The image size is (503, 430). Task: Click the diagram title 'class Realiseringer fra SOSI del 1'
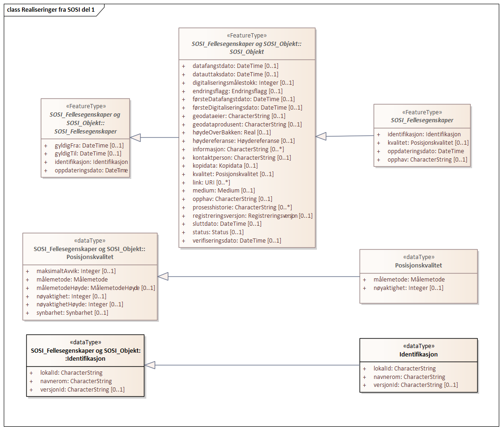(51, 10)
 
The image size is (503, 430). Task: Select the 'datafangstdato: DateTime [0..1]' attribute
(235, 66)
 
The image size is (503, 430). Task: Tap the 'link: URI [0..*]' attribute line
(211, 183)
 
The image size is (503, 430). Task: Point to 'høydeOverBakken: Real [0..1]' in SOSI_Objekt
(232, 133)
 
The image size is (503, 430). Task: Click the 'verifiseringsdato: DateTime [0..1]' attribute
(237, 240)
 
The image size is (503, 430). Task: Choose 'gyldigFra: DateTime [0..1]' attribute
(89, 146)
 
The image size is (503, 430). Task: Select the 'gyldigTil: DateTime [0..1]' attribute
(88, 154)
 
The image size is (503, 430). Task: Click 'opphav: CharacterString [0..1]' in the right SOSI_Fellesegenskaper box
(428, 159)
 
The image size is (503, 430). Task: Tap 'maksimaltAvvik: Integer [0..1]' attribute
(76, 271)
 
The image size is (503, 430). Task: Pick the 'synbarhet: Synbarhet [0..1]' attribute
(72, 312)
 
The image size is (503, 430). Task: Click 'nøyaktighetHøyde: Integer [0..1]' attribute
(80, 304)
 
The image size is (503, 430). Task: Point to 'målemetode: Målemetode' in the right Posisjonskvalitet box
(409, 279)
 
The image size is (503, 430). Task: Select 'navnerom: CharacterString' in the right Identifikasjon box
(409, 377)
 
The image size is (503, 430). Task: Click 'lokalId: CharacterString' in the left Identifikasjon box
(71, 372)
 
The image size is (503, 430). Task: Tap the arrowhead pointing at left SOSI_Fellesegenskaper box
(135, 138)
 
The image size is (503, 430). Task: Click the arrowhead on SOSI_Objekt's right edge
(321, 136)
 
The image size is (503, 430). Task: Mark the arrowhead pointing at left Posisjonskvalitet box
(163, 276)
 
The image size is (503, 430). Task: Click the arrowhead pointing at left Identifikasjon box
(150, 365)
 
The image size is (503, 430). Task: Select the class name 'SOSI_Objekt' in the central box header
(247, 52)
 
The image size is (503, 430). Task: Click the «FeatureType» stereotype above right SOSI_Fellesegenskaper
(422, 112)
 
